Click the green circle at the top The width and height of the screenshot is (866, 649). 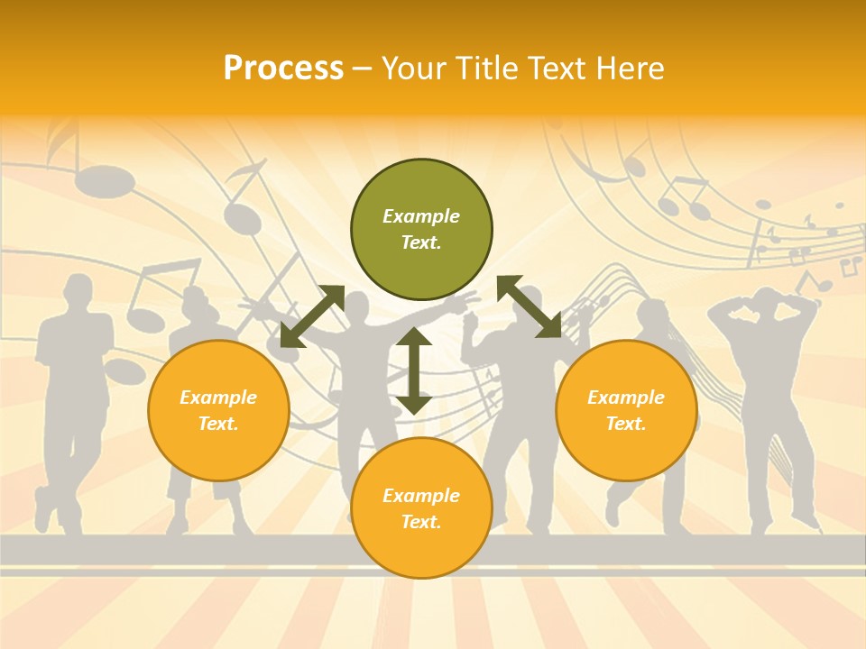[x=421, y=230]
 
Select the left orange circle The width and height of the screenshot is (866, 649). [x=218, y=410]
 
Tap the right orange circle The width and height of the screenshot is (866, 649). [x=626, y=410]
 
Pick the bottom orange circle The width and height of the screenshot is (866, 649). [x=421, y=508]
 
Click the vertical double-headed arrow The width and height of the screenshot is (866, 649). [x=414, y=370]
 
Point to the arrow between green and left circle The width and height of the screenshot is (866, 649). [x=312, y=316]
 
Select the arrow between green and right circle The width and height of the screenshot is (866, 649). [x=530, y=306]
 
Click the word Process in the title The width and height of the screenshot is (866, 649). [x=283, y=68]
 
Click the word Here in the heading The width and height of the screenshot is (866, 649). [x=629, y=68]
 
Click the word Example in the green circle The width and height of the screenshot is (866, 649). [x=421, y=216]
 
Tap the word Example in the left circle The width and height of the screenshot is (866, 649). [x=218, y=398]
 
